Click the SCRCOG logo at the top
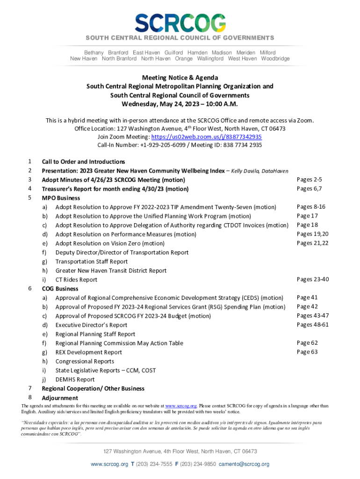click(x=180, y=22)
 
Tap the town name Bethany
click(x=94, y=53)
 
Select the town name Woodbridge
click(x=275, y=59)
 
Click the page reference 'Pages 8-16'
click(x=311, y=207)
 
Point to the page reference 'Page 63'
click(x=307, y=352)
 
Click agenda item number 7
click(x=30, y=388)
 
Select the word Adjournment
click(x=60, y=398)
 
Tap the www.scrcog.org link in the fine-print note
click(x=180, y=406)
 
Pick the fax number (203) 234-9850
click(x=199, y=464)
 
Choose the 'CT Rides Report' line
click(x=76, y=280)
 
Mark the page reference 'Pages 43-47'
click(x=313, y=316)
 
